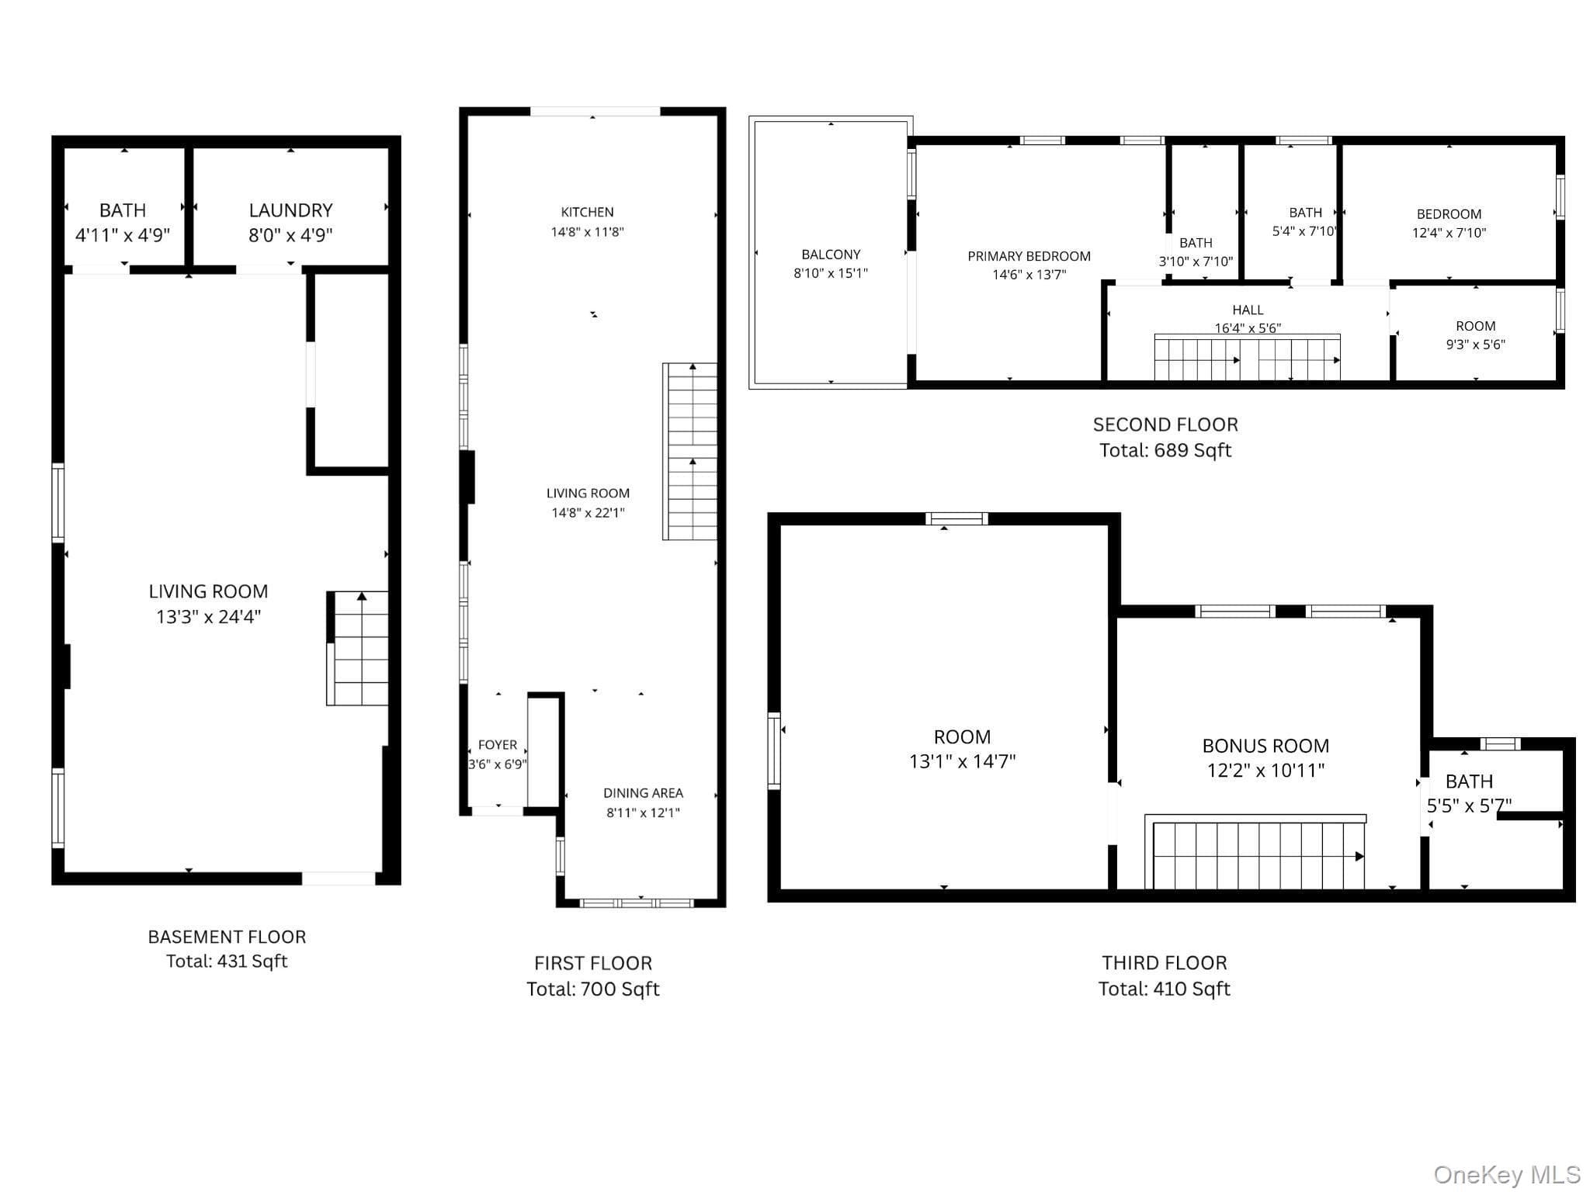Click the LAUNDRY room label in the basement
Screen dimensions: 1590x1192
290,210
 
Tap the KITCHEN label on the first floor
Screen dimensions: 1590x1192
588,212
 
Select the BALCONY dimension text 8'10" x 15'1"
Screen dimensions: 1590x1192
831,273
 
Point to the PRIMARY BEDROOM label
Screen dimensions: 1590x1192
1029,256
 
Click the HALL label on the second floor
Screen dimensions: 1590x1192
1248,310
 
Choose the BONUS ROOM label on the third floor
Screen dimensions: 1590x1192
1265,746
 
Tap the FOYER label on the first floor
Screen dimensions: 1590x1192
498,745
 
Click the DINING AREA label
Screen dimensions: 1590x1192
644,793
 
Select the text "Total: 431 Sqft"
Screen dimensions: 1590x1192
227,962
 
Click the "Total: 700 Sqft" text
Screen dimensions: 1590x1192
593,989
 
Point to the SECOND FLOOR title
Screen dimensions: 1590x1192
1165,424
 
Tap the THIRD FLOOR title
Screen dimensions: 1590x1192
1165,963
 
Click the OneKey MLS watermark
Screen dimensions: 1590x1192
1507,1174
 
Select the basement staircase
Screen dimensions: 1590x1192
358,648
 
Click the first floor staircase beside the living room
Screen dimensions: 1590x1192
690,451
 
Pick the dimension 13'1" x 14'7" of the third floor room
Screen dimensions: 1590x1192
962,761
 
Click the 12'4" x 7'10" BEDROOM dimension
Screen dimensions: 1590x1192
1449,233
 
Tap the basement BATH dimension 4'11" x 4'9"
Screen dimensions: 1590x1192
123,235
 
